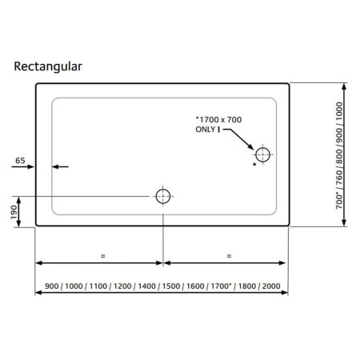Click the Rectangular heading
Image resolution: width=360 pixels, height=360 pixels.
click(48, 66)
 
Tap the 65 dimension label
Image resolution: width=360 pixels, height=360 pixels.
click(20, 161)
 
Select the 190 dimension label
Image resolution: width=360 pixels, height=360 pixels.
click(14, 212)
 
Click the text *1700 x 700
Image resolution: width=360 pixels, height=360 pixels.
click(218, 119)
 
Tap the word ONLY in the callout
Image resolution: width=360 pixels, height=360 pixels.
click(206, 130)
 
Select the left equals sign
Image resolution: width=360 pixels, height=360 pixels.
click(103, 256)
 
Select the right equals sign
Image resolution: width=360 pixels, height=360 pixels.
click(229, 256)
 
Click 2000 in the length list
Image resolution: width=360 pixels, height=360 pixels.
click(271, 286)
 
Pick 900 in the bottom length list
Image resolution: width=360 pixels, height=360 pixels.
click(52, 286)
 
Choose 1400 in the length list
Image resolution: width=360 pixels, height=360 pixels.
click(146, 286)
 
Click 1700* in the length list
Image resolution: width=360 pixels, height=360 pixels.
click(220, 286)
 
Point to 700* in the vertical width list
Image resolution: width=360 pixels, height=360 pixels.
click(339, 202)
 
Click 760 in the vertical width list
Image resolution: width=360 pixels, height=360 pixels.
click(339, 178)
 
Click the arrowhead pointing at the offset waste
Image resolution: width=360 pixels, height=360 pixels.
click(251, 147)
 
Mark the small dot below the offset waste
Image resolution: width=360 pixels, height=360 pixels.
click(254, 164)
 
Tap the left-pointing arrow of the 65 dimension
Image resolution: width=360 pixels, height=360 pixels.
click(60, 166)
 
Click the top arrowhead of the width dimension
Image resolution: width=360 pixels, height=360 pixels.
click(344, 86)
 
